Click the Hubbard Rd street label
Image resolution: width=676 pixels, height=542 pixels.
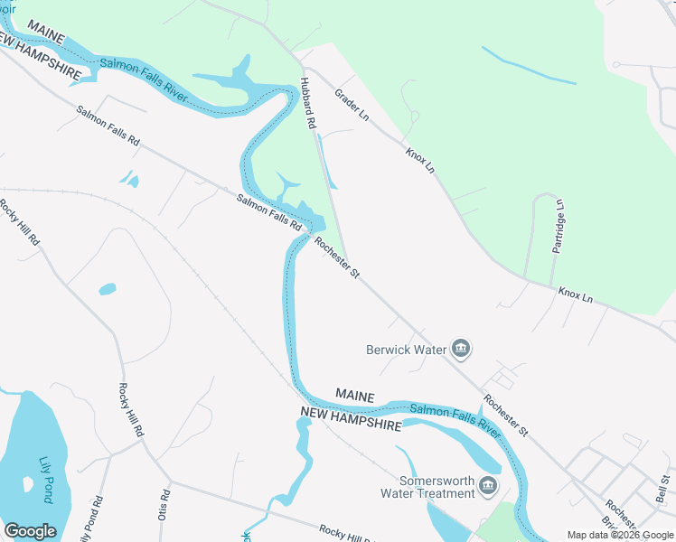(308, 102)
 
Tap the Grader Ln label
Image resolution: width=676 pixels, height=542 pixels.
(352, 104)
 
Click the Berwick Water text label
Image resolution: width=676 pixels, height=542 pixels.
(408, 349)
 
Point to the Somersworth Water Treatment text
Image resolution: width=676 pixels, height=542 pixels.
(437, 487)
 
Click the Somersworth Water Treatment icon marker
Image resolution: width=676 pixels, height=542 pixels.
(488, 487)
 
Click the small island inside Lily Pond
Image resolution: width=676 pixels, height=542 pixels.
(29, 483)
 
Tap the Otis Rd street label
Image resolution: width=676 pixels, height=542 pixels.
(165, 501)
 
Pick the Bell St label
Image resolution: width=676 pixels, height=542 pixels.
(665, 487)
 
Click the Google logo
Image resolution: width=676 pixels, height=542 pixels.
(30, 531)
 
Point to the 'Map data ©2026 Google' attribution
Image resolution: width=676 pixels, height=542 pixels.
(620, 535)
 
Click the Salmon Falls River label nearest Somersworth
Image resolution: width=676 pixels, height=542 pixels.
(455, 421)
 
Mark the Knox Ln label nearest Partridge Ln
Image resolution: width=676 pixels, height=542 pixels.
(575, 294)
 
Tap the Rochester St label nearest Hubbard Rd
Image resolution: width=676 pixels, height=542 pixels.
(337, 257)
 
